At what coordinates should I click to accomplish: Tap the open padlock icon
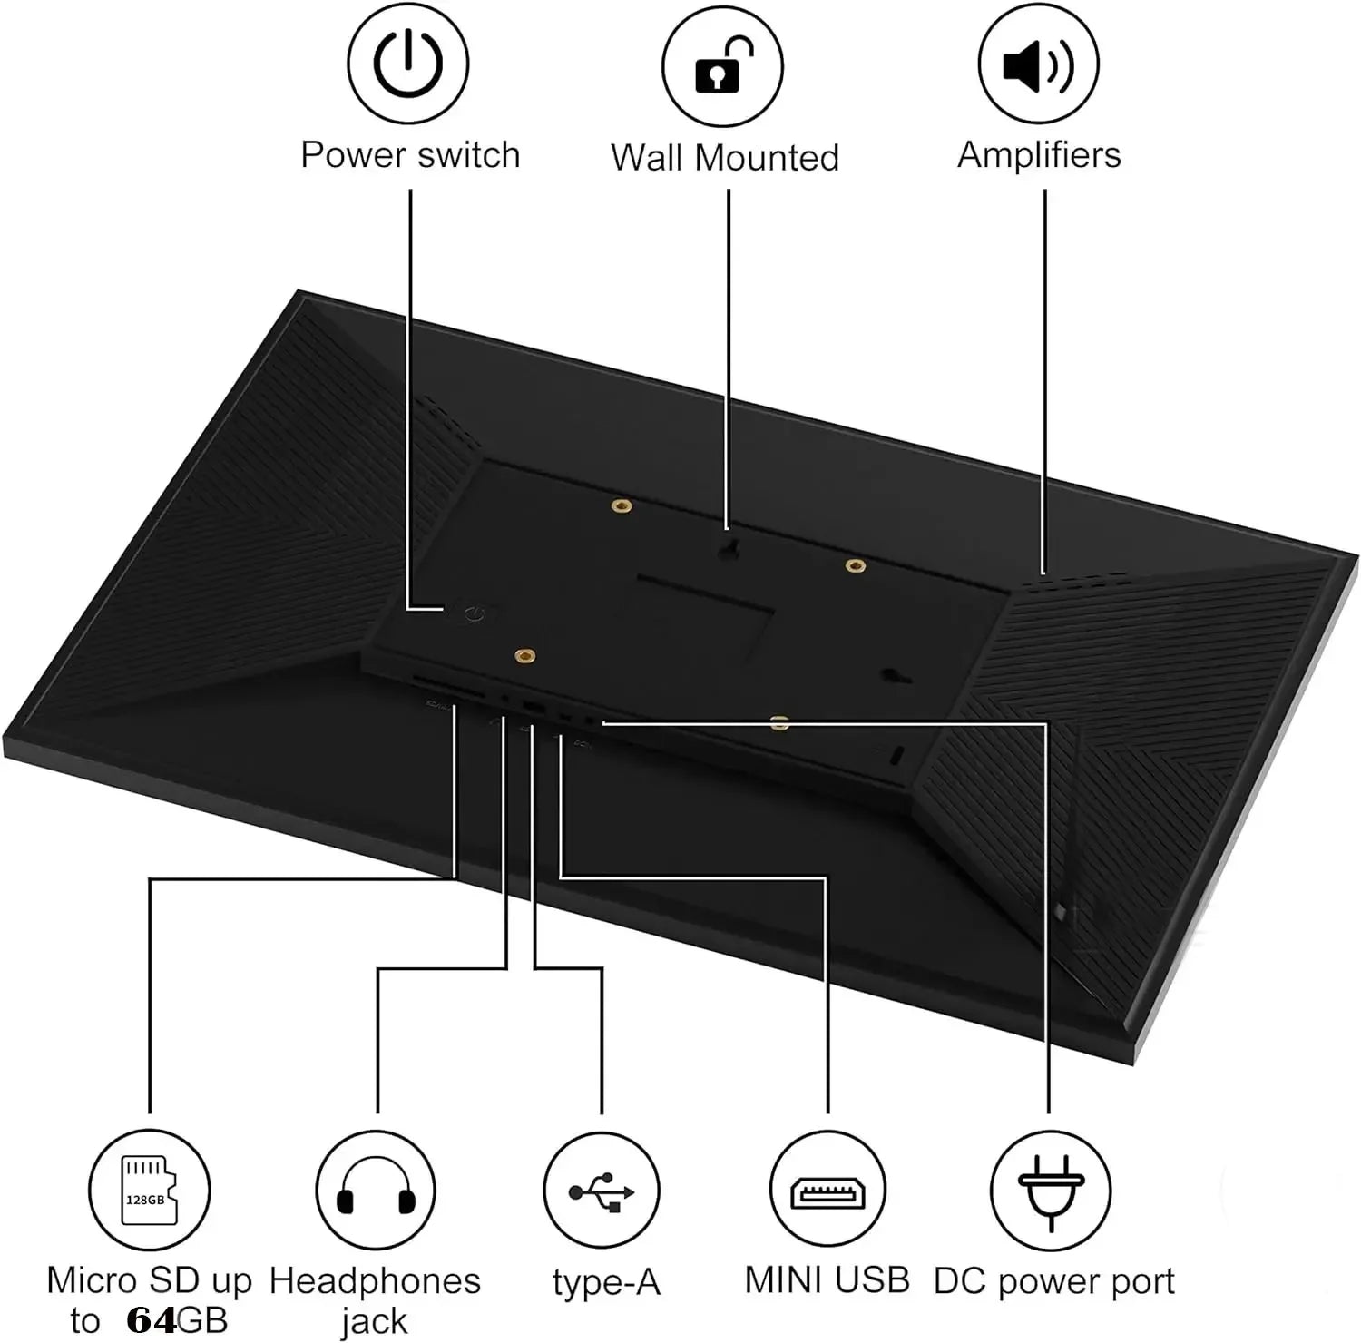723,65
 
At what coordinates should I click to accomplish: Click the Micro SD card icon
149,1190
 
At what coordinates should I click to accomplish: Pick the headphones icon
376,1190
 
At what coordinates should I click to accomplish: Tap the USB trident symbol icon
602,1191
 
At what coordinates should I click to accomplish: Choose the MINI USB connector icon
828,1191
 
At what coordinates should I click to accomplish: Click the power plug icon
1050,1191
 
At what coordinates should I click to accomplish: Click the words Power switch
410,155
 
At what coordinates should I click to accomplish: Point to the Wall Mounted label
724,157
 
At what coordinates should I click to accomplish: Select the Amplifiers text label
1039,155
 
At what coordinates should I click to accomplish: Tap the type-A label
606,1282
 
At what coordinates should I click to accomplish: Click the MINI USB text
827,1279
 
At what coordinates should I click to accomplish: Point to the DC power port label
1053,1282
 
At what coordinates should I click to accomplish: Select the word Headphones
375,1280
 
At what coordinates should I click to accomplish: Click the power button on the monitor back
472,614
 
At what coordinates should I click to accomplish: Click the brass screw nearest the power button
524,655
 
